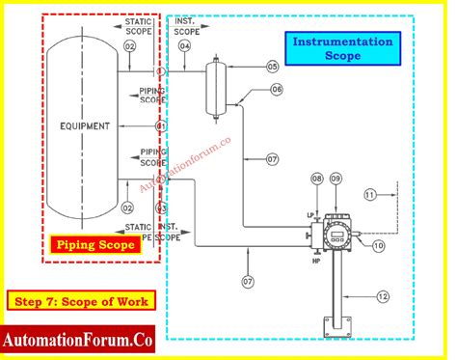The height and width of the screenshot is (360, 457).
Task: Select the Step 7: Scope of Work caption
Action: coord(81,300)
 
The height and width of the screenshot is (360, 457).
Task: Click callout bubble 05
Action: coord(273,67)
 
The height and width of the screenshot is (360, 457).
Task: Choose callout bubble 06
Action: coord(277,89)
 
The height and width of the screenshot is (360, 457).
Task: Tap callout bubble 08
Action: coord(317,179)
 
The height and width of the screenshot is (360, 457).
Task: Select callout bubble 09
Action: coord(336,179)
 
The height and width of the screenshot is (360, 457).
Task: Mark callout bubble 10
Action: coord(379,246)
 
